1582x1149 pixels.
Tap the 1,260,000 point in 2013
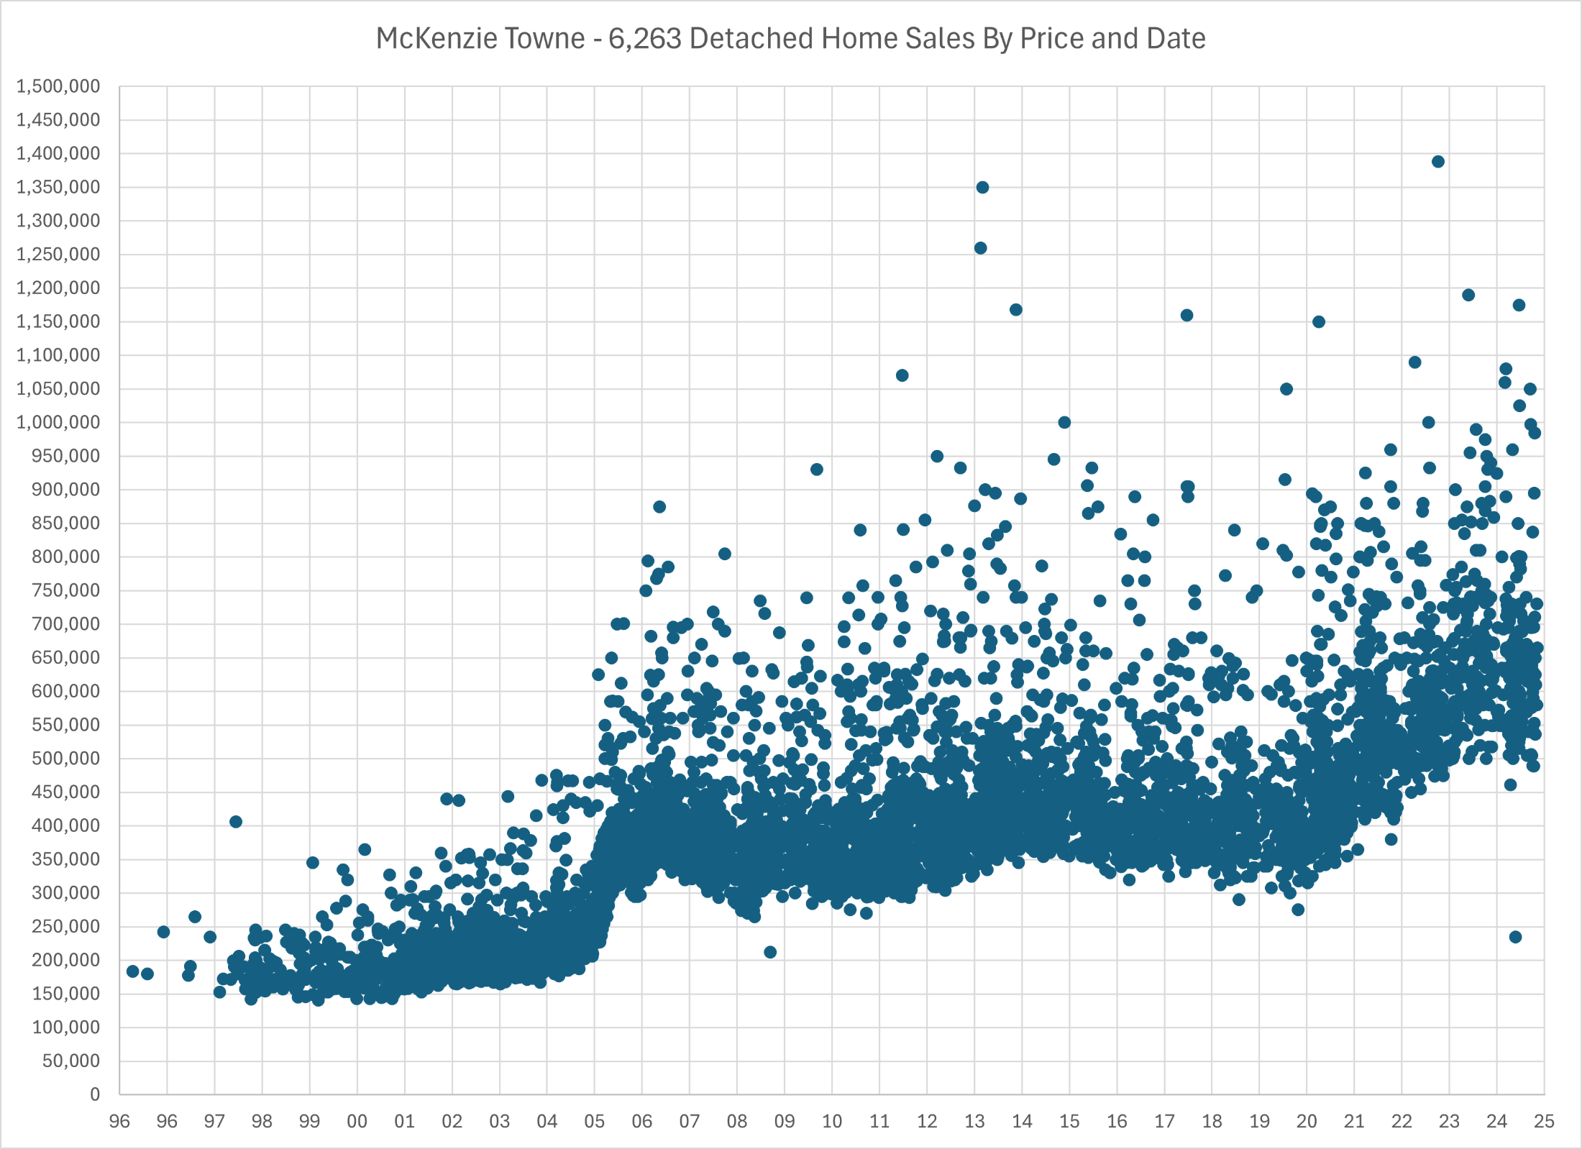click(x=980, y=248)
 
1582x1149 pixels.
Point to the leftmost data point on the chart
click(x=133, y=971)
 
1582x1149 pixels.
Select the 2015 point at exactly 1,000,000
click(x=1064, y=422)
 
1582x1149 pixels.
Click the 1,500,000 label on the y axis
click(x=58, y=86)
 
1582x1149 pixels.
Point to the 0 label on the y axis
click(x=95, y=1094)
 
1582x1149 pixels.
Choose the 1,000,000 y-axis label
click(x=58, y=422)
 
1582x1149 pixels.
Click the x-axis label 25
click(x=1544, y=1121)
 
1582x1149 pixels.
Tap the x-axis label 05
click(x=595, y=1121)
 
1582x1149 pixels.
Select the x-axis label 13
click(x=974, y=1121)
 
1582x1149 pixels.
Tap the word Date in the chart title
click(x=1176, y=39)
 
